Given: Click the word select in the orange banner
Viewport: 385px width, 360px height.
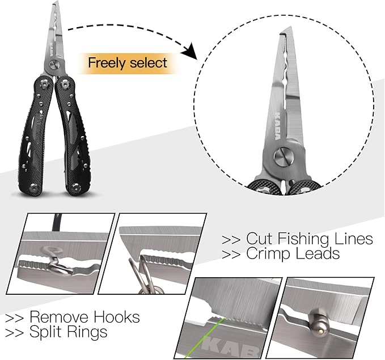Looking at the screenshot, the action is tap(149, 62).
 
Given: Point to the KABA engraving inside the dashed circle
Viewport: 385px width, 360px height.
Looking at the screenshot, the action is tap(277, 126).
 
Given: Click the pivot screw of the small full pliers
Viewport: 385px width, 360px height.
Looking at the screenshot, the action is tap(53, 65).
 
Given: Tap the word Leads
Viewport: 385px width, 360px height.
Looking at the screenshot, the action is tap(317, 253).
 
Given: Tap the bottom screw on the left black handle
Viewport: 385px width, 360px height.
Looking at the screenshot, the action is tap(33, 188).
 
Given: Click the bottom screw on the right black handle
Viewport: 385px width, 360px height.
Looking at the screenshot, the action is tap(76, 187).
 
